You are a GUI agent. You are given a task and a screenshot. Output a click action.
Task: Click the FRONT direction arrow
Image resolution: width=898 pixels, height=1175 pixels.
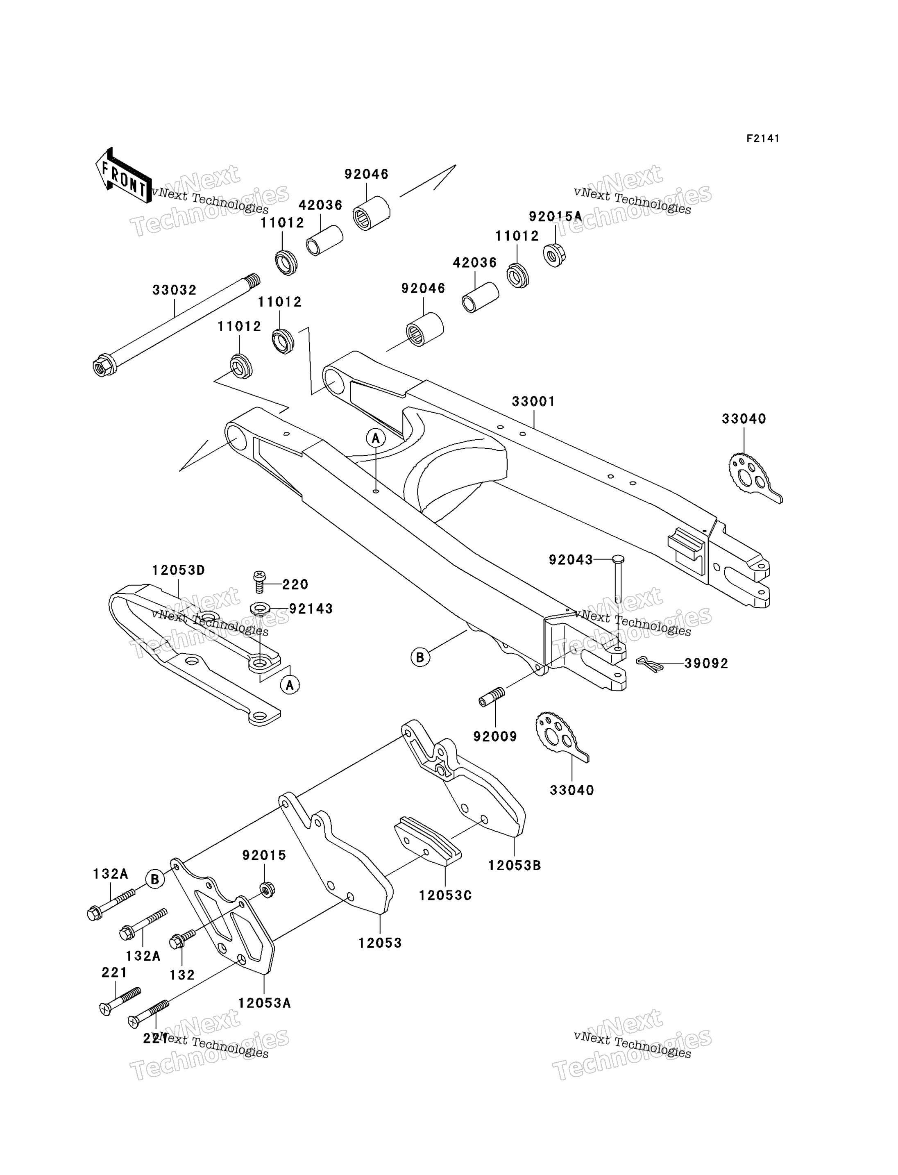click(x=123, y=175)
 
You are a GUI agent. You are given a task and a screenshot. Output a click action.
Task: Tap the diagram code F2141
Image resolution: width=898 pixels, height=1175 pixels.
click(x=763, y=139)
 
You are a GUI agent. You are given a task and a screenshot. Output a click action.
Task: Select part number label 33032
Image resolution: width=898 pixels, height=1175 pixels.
click(x=174, y=290)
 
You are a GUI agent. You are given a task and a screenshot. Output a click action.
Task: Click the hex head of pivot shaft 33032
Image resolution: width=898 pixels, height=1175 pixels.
click(x=102, y=366)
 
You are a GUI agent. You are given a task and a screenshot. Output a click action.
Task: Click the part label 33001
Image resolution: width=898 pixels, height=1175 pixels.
click(x=533, y=401)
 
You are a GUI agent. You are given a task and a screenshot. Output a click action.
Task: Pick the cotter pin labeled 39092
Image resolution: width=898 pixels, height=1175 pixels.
click(x=650, y=663)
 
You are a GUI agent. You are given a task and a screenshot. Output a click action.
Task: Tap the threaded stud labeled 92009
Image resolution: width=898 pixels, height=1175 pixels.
click(x=492, y=696)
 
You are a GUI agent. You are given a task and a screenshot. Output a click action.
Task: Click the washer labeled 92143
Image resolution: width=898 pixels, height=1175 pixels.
click(x=260, y=608)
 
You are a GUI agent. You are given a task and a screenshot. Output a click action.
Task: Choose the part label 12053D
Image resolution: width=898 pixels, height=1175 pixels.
click(x=179, y=570)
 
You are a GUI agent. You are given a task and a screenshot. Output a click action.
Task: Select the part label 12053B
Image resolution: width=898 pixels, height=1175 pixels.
click(x=514, y=865)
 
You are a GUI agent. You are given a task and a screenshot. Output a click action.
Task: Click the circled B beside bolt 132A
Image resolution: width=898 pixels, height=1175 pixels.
click(x=155, y=879)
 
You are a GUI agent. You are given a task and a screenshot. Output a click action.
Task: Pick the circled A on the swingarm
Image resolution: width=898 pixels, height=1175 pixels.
click(x=376, y=439)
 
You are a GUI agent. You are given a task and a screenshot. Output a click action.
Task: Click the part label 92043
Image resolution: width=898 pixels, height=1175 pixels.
click(x=571, y=560)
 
